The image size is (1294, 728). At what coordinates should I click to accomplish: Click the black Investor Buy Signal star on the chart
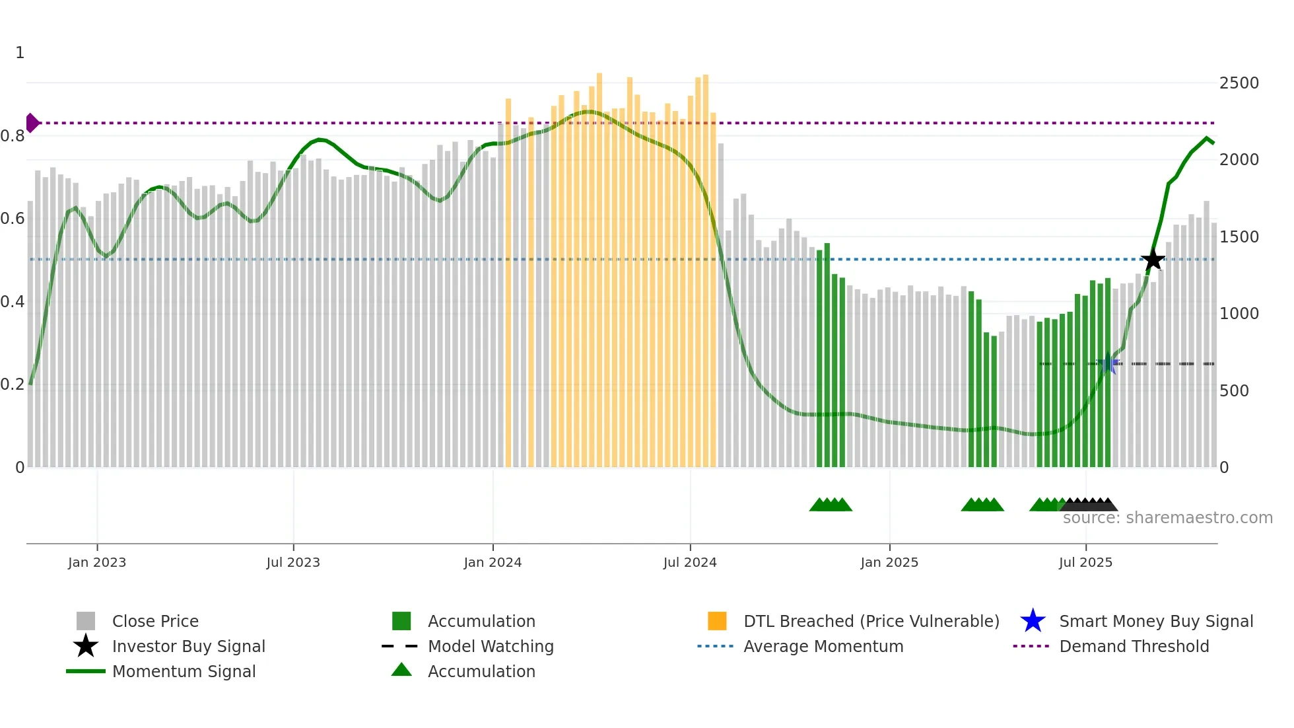point(1153,260)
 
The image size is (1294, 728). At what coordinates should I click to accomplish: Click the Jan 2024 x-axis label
point(493,562)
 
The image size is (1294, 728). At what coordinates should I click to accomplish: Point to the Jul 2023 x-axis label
point(293,562)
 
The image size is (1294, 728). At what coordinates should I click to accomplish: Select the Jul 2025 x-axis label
point(1085,562)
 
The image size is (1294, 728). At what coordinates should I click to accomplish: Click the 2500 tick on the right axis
point(1239,83)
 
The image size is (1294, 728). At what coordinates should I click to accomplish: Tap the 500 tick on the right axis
point(1234,391)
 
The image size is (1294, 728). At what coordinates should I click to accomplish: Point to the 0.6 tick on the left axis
point(13,219)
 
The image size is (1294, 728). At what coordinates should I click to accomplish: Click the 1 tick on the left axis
point(20,53)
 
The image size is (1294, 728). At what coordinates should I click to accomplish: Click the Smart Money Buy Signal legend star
point(1033,621)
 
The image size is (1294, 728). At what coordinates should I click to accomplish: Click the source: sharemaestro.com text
point(1167,518)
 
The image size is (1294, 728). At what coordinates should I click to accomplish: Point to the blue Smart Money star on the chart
point(1108,364)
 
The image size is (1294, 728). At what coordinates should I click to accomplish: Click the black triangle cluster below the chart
point(1089,505)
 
